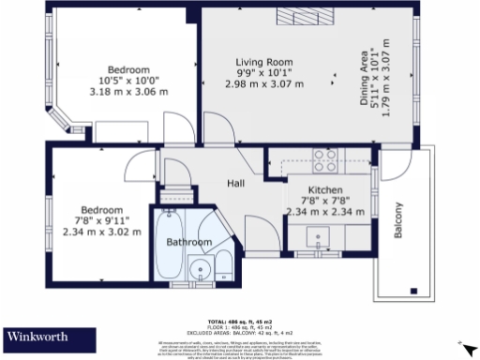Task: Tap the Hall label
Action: pos(236,183)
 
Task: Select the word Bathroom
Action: pos(189,242)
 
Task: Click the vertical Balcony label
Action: pos(397,221)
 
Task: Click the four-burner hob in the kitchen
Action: pos(325,157)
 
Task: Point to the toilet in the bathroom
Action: pos(224,264)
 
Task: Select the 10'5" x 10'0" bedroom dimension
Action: pos(128,82)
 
